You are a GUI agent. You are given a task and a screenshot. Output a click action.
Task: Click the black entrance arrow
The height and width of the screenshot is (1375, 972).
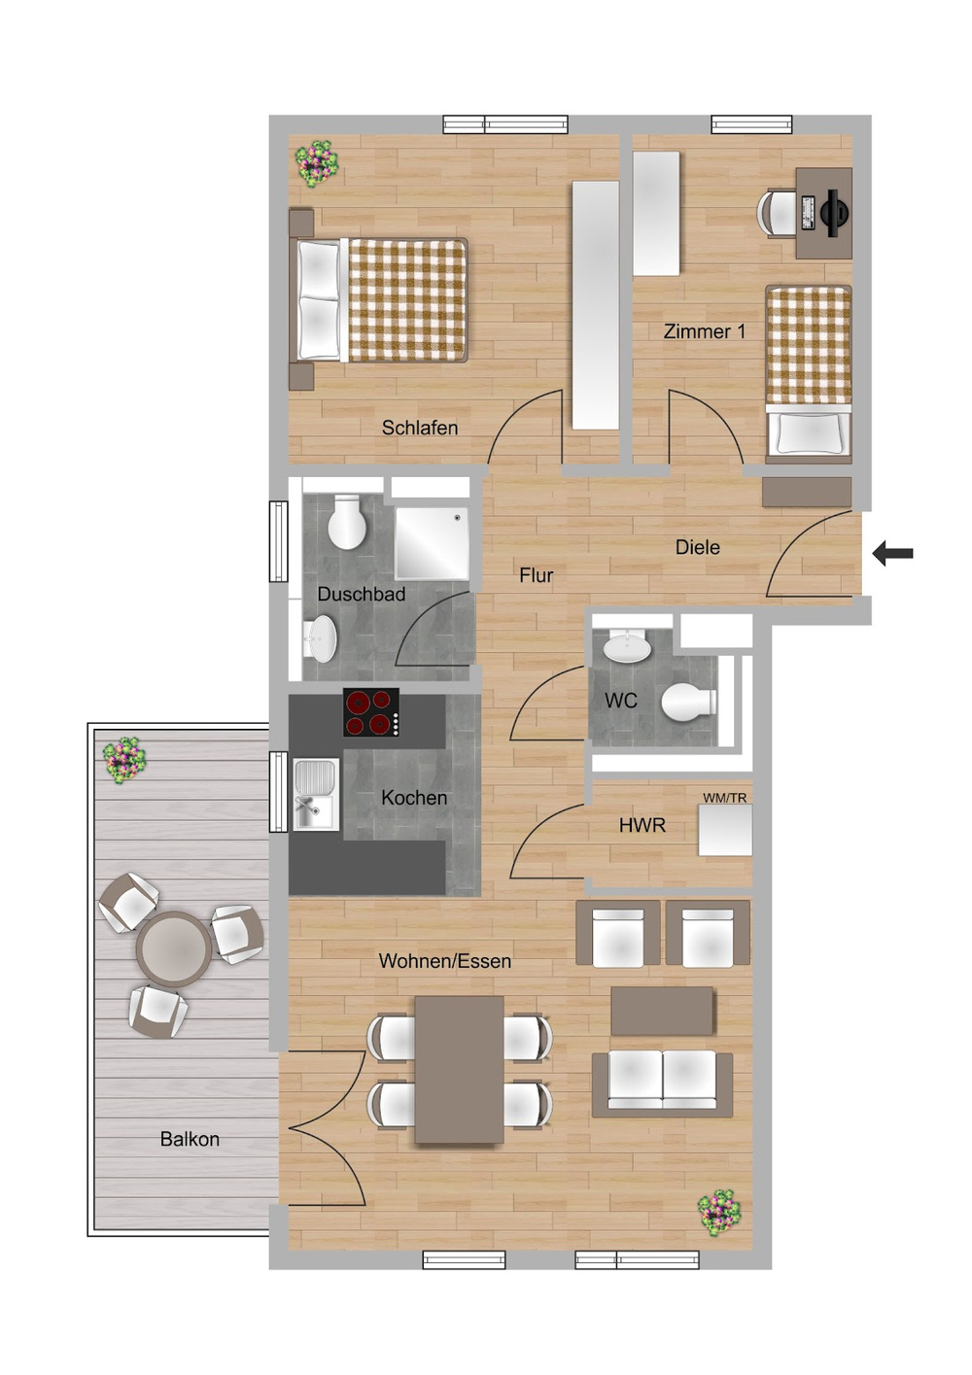[892, 554]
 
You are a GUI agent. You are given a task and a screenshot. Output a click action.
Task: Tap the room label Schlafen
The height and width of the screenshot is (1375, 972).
[419, 428]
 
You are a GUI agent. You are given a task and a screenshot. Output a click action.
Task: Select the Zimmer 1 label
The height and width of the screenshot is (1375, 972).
[705, 331]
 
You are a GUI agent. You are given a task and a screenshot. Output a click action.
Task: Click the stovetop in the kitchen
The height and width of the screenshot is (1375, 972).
[371, 712]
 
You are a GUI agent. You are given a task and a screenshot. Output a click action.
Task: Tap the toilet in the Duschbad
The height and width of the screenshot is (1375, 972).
[347, 523]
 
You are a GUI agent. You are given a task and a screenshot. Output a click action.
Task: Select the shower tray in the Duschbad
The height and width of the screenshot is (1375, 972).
[432, 542]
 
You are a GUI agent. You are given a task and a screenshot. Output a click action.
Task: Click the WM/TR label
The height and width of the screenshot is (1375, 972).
[725, 798]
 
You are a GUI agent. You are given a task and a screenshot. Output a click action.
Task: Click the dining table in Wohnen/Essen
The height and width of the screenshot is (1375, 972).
[459, 1069]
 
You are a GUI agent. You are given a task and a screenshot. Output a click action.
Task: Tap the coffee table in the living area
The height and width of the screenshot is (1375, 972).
[662, 1011]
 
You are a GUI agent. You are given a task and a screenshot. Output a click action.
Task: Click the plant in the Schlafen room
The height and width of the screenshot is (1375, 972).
[317, 162]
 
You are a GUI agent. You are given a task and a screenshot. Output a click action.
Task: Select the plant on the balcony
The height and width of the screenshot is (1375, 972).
[124, 759]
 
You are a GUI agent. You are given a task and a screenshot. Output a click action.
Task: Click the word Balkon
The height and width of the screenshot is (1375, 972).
[190, 1139]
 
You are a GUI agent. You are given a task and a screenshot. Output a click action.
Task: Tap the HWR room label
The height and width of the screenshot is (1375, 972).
[642, 825]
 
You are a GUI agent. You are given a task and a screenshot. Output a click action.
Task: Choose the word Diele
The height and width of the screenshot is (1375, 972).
[698, 547]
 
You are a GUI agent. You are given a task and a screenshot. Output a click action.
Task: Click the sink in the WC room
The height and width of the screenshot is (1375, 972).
[627, 646]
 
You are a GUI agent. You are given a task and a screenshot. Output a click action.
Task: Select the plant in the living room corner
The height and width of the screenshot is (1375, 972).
[719, 1212]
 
